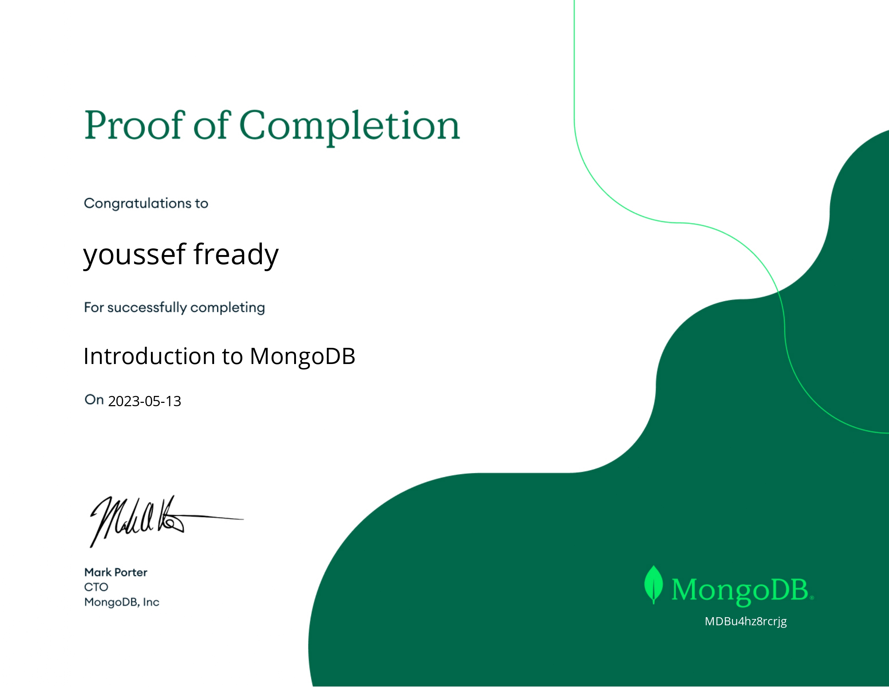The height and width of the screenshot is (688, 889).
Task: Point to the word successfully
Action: coord(147,308)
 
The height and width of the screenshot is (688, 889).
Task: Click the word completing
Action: coord(228,308)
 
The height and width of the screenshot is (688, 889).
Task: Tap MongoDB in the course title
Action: coord(303,357)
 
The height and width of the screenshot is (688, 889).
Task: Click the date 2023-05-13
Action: coord(145,401)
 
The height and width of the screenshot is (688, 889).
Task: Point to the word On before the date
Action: coord(94,400)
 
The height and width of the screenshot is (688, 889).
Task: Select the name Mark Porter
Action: coord(116,572)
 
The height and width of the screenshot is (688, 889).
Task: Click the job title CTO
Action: coord(96,587)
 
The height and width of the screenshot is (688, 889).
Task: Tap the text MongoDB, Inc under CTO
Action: coord(122,602)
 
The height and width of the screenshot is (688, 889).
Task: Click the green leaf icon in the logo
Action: coord(653,585)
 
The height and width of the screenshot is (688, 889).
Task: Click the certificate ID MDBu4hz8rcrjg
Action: coord(746,622)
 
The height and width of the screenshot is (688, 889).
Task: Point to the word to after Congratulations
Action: coord(200,203)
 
